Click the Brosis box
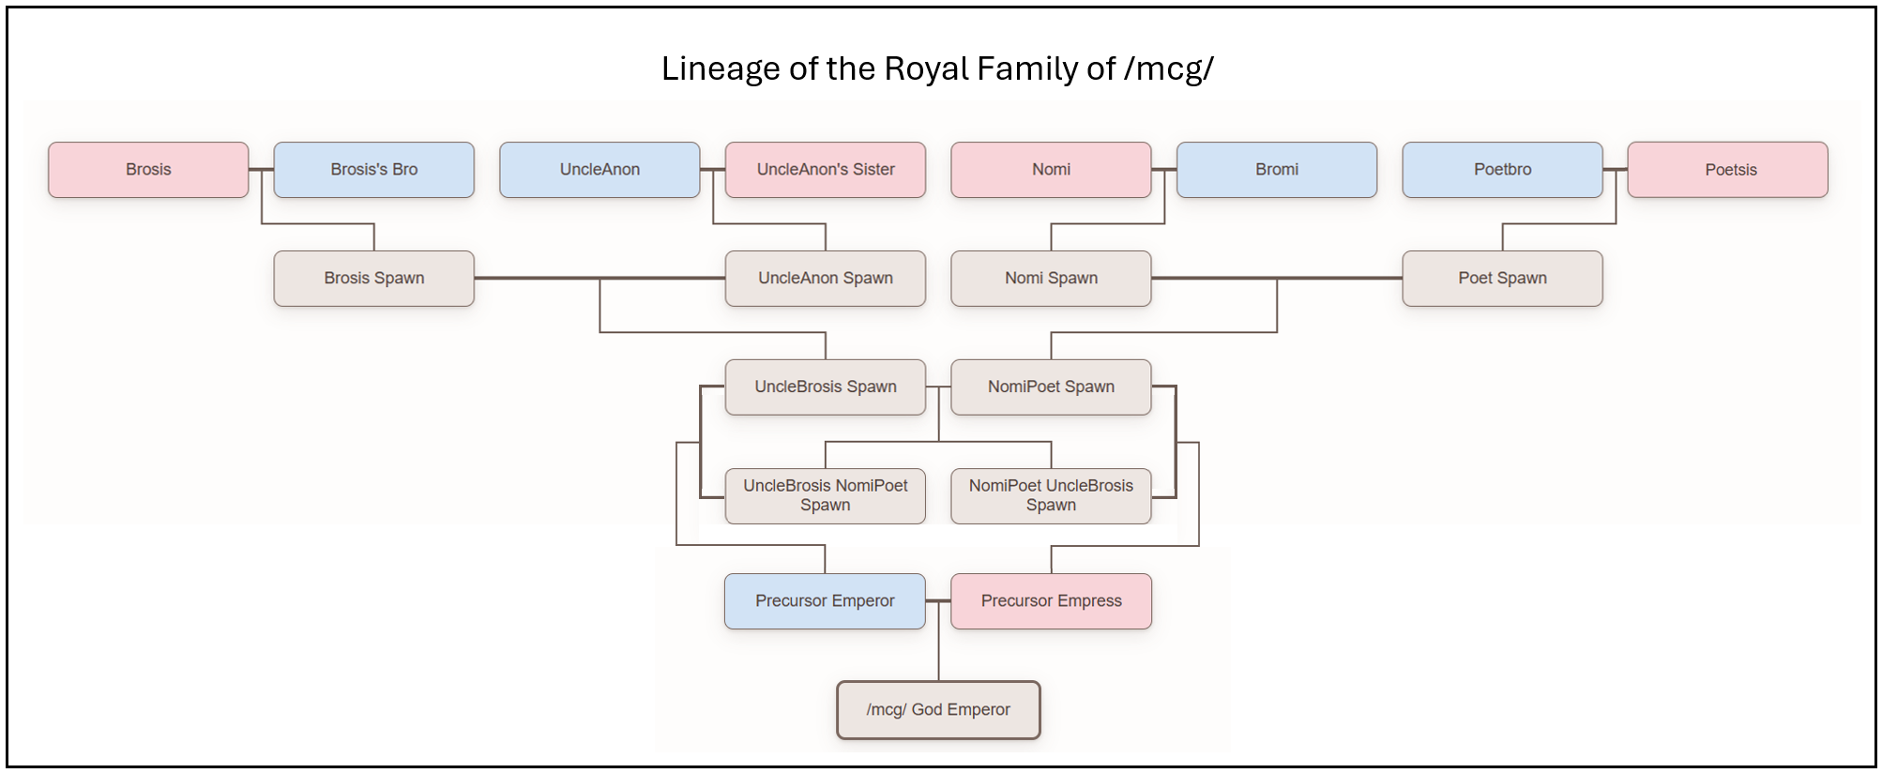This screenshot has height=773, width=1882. [x=148, y=170]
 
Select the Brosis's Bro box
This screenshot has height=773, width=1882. [x=373, y=170]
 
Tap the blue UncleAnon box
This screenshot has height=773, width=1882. [x=600, y=170]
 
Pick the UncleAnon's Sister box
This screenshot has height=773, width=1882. [x=826, y=170]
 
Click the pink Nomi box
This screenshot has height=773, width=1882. [x=1051, y=170]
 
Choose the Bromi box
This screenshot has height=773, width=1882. [x=1277, y=170]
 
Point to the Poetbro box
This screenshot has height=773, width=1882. [x=1502, y=170]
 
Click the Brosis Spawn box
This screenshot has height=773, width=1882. [x=373, y=279]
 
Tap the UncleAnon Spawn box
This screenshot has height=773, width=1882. [x=826, y=279]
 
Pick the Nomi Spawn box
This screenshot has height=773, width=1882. [x=1051, y=279]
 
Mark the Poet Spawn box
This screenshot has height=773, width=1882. [x=1502, y=279]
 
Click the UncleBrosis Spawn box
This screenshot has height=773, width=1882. [x=826, y=387]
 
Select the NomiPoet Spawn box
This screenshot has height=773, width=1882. [x=1051, y=387]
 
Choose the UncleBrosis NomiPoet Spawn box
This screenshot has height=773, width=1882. [x=826, y=496]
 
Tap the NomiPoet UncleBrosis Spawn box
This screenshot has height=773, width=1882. [x=1051, y=496]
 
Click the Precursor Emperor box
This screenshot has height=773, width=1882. [x=825, y=601]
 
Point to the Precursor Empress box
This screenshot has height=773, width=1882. [x=1051, y=601]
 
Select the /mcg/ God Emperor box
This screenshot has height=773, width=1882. [x=938, y=710]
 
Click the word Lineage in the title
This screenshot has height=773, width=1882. [x=721, y=69]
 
